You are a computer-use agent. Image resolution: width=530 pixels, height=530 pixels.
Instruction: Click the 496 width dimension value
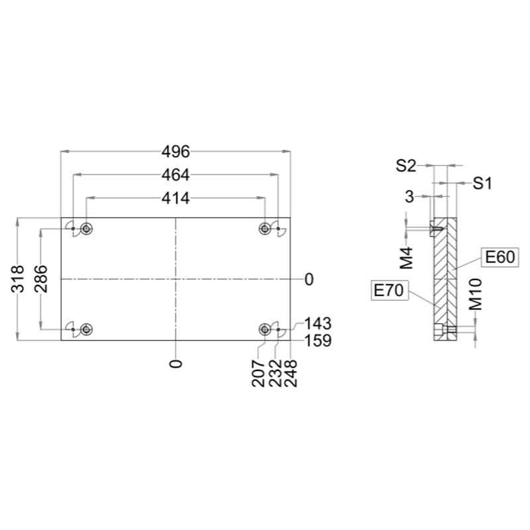pos(176,152)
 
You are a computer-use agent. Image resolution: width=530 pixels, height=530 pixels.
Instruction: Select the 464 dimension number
pos(176,175)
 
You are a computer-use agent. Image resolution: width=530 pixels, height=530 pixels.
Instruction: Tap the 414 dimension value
pos(176,198)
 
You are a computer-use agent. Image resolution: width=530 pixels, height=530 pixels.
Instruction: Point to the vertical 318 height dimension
pos(18,279)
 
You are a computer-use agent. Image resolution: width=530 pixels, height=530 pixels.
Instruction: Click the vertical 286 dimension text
pos(41,279)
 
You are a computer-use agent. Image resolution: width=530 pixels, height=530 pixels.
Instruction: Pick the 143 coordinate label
pos(318,323)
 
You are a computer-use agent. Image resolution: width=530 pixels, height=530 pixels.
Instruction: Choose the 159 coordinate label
pos(318,341)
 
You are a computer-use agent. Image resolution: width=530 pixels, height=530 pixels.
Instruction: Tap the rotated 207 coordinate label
pos(258,374)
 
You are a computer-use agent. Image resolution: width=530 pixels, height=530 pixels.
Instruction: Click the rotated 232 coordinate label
pos(275,374)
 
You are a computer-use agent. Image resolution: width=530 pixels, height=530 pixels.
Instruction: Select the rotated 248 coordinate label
pos(291,374)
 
